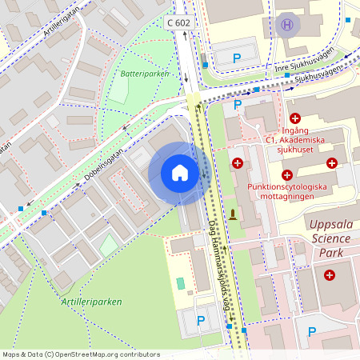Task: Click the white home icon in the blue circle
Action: coord(180,172)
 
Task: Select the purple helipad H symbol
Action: coord(286,25)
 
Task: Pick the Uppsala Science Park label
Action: coord(330,238)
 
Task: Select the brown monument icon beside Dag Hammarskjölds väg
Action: coord(233,214)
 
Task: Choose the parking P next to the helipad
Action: coord(237,58)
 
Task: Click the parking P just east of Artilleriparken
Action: coord(201,320)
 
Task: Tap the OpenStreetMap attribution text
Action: coord(80,354)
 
